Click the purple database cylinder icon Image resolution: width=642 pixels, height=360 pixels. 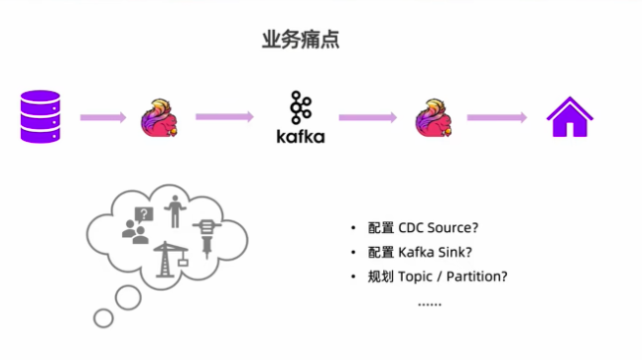click(40, 117)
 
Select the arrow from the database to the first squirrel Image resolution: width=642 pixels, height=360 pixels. click(102, 118)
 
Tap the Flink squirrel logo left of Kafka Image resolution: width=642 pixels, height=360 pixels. click(162, 118)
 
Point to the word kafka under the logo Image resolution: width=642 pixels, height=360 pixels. click(301, 137)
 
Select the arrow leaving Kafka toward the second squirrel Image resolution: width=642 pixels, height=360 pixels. click(367, 118)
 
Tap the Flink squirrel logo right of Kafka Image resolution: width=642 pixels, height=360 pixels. click(433, 118)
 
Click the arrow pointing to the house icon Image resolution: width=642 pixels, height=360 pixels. click(496, 118)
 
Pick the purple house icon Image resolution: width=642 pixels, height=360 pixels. click(570, 117)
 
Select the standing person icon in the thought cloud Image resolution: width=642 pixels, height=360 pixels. click(176, 211)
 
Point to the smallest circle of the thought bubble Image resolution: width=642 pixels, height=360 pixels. click(102, 317)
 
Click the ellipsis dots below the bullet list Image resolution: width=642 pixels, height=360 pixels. click(429, 302)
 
